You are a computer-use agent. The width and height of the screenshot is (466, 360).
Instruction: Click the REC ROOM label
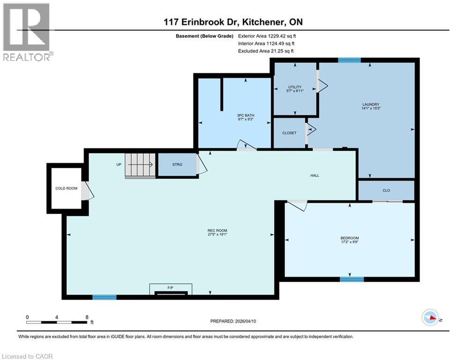[x=217, y=230]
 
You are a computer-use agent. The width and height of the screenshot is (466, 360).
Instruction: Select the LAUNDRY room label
[x=370, y=105]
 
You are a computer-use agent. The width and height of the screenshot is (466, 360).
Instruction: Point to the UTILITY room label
[x=295, y=87]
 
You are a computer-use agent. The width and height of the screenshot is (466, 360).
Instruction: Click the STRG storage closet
[x=177, y=165]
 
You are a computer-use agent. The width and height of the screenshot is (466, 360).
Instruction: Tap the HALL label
[x=314, y=175]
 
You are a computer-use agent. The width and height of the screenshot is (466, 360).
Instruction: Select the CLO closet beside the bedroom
[x=386, y=190]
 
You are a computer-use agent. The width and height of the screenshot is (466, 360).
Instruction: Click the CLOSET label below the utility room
[x=289, y=133]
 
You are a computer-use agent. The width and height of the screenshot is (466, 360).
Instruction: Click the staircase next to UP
[x=140, y=165]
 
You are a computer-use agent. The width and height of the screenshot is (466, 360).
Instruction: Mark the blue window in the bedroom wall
[x=352, y=279]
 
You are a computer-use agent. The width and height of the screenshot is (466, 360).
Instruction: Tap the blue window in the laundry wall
[x=349, y=60]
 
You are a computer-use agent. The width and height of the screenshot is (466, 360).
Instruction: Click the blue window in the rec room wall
[x=104, y=297]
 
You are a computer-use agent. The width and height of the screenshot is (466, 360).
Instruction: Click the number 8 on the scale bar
[x=87, y=317]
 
